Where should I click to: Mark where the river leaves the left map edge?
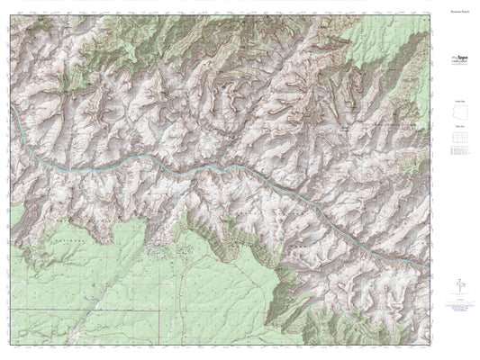point(10,116)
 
